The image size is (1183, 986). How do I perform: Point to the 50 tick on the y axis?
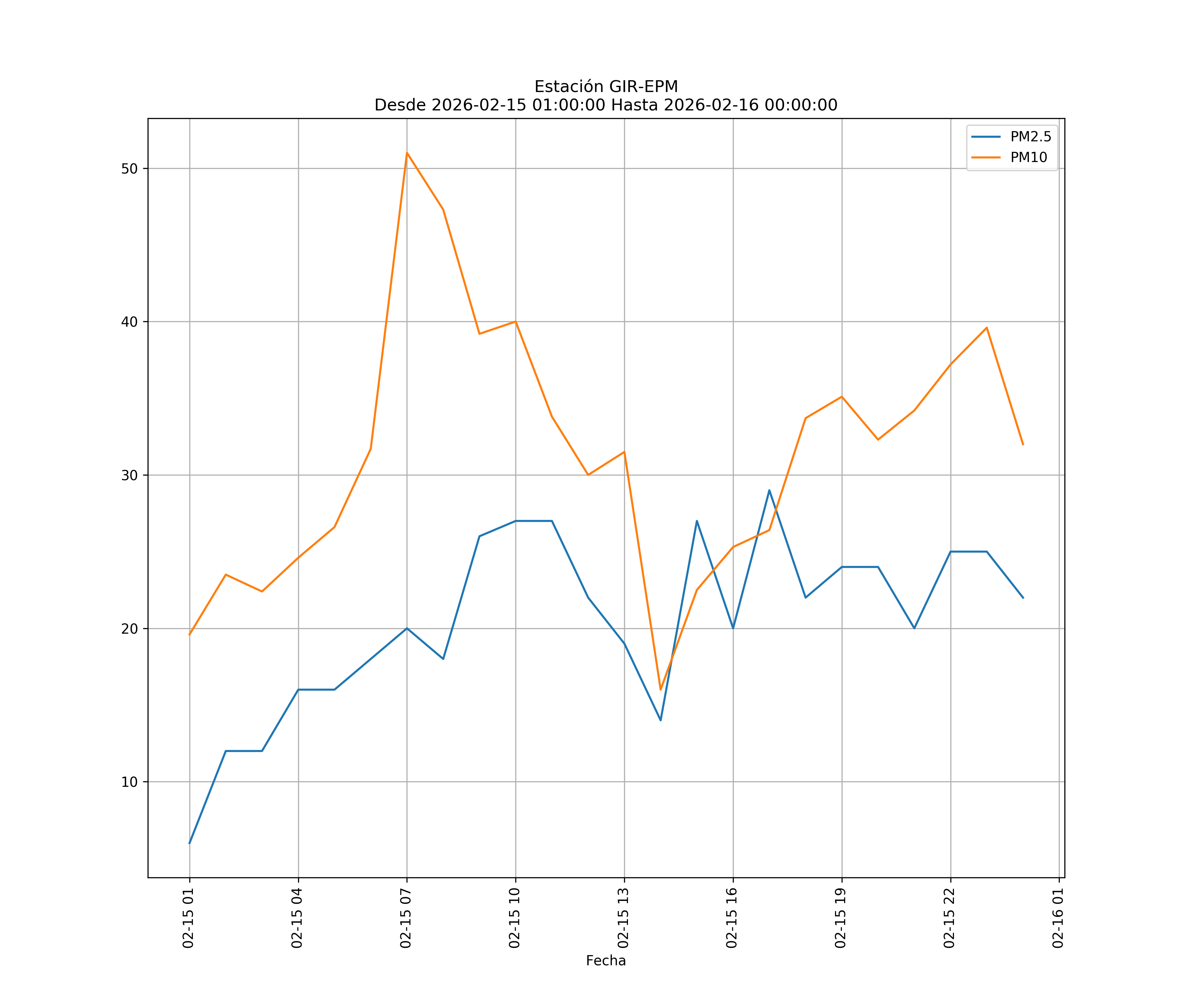pos(129,169)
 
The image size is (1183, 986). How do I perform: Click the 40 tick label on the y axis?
pos(129,322)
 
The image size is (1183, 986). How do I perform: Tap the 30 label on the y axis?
pos(129,475)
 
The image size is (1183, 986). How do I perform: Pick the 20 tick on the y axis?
pos(129,628)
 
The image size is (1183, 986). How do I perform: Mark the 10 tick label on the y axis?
pos(129,782)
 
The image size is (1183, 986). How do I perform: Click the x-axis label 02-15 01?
pos(188,918)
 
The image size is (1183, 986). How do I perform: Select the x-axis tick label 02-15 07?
pos(406,918)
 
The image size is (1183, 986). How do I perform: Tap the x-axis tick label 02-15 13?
pos(623,918)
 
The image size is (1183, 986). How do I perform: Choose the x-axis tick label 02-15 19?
pos(841,918)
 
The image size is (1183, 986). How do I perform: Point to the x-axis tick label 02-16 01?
pos(1058,918)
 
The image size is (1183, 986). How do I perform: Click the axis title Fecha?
pos(606,961)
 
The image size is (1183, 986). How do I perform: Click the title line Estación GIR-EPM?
pos(606,87)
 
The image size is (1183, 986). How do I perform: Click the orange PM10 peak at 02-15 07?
pos(407,153)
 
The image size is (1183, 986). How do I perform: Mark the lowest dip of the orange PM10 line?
pos(660,689)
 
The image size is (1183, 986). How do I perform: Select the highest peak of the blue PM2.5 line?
pos(769,490)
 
